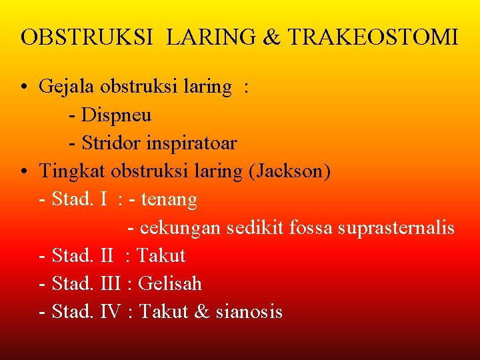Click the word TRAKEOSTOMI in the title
coord(373,37)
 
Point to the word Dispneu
coord(116,115)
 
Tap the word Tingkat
coord(73,171)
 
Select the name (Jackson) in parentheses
coord(289,171)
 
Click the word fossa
coord(311,228)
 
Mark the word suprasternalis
coord(396,228)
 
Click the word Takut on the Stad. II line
coord(161,256)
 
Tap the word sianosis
coord(249,312)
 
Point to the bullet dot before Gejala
coord(24,88)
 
